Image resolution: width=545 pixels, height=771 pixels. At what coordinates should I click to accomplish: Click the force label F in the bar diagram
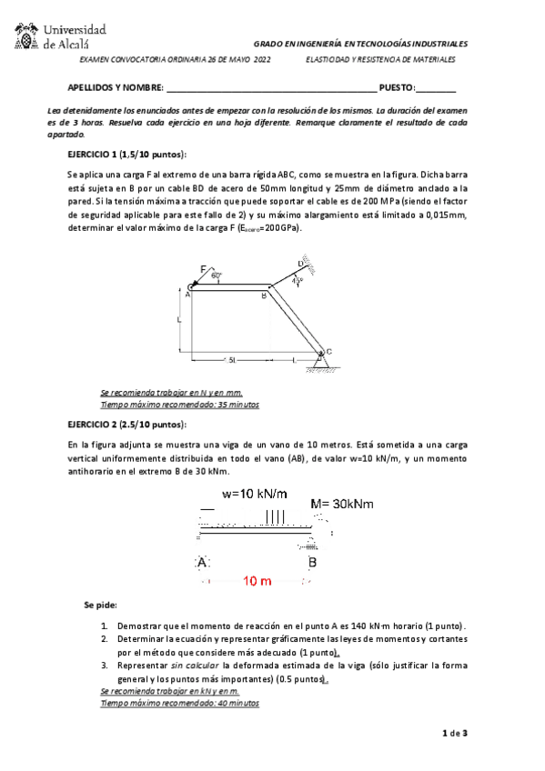coord(203,268)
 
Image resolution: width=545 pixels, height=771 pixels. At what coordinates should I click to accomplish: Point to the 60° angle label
coord(216,275)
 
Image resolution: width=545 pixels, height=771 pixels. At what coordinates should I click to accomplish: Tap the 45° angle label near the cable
coord(296,281)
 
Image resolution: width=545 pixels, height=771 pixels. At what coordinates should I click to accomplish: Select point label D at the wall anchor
coord(301,263)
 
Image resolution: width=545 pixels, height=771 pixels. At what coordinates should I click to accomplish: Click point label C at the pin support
coord(328,351)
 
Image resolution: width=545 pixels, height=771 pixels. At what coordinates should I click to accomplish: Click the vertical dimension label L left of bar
coord(179,320)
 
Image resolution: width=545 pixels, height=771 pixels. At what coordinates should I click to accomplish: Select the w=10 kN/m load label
coord(256,495)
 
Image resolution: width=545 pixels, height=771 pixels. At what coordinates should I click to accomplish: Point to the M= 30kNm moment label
coord(342,504)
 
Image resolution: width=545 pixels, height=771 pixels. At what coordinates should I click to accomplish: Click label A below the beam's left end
coord(204,562)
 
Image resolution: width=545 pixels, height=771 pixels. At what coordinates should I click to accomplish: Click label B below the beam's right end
coord(312,562)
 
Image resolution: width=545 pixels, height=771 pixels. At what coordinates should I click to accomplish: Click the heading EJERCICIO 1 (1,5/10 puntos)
coord(126,153)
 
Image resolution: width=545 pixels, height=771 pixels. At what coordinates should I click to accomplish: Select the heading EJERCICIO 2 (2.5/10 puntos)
coord(126,425)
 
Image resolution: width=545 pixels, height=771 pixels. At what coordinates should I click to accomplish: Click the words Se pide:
coord(100,605)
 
